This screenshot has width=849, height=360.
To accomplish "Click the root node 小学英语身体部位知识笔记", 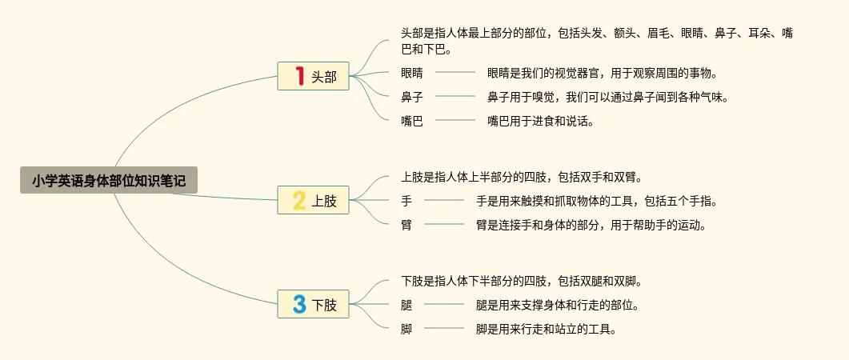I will (x=109, y=181).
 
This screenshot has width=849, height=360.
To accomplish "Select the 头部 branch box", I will (x=314, y=77).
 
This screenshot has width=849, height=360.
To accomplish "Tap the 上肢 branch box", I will (x=314, y=200).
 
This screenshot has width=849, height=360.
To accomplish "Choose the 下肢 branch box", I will (x=314, y=304).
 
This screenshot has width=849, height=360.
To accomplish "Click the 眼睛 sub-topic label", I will (x=412, y=73).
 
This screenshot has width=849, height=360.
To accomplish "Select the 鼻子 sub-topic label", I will (x=412, y=97).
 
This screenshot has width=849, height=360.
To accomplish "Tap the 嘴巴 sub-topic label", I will (x=412, y=121).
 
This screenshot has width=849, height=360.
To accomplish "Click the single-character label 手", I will (x=406, y=201).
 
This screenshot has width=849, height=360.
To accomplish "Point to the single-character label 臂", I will (x=406, y=225).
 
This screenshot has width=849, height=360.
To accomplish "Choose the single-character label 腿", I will (x=406, y=305).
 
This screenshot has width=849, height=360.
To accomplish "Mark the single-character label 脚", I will (x=406, y=329).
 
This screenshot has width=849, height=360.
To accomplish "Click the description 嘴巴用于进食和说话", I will (x=540, y=121).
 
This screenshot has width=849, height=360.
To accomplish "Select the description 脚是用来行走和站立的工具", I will (x=546, y=329).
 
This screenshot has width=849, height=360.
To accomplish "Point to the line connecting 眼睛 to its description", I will (x=455, y=73).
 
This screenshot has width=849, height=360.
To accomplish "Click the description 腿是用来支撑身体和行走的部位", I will (x=557, y=305).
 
